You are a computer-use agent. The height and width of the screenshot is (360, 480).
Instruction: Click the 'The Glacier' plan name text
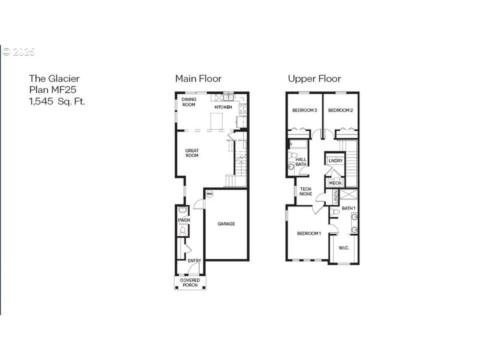pos(55,79)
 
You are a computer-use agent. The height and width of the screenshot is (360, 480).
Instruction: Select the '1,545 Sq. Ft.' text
pos(58,101)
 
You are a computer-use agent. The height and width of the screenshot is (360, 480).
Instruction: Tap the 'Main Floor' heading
pos(198,79)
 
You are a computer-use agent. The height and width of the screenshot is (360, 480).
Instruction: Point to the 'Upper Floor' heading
pos(314,79)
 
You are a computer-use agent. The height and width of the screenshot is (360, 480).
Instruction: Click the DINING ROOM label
pos(189,102)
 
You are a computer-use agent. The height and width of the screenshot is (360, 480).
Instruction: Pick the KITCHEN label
pos(223,107)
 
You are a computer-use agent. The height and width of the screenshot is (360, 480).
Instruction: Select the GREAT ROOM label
pos(192,153)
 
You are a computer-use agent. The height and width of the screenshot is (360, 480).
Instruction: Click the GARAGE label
pos(226,224)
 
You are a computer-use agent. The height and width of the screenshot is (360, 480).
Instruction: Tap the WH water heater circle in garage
pos(209,194)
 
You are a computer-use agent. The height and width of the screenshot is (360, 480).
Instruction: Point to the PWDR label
pos(184,221)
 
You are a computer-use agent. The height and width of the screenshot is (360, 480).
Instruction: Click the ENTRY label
pos(194,260)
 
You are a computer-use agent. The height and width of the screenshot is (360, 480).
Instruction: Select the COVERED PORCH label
pos(190,283)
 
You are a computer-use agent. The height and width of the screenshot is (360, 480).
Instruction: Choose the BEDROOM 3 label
pos(304,110)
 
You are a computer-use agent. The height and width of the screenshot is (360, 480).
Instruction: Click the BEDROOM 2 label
pos(340,110)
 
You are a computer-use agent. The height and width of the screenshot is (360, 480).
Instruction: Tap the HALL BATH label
pos(301,161)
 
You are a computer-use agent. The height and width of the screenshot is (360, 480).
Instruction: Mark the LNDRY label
pos(335,160)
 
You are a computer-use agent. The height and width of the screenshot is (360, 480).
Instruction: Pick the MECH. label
pos(335,183)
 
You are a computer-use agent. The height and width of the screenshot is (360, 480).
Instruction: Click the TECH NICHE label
pos(306,192)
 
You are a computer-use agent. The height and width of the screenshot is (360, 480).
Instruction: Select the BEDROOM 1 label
pos(309,233)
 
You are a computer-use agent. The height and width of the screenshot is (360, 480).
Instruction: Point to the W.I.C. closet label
pos(344,247)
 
